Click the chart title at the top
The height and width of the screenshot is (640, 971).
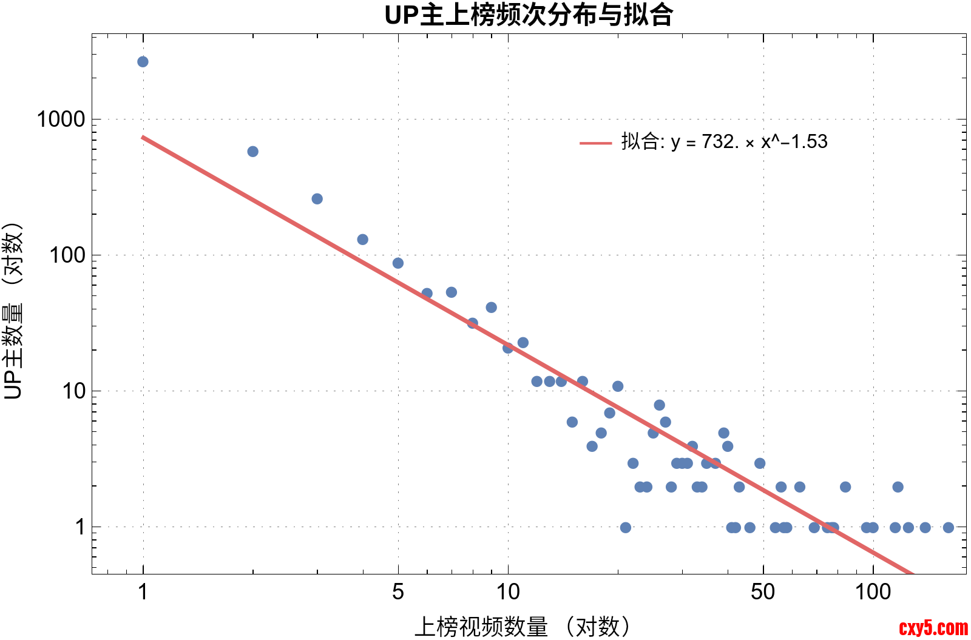pyautogui.click(x=529, y=15)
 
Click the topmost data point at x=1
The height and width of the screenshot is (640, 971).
pyautogui.click(x=143, y=62)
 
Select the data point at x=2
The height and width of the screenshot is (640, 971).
pyautogui.click(x=253, y=152)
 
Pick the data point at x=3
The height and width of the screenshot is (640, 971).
pyautogui.click(x=317, y=199)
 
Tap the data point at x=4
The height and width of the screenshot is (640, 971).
pyautogui.click(x=362, y=240)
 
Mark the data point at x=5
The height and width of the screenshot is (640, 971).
pyautogui.click(x=398, y=263)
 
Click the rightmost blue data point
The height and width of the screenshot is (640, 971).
pyautogui.click(x=949, y=528)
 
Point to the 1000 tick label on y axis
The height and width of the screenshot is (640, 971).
pyautogui.click(x=61, y=120)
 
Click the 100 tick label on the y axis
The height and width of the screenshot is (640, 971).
pyautogui.click(x=68, y=255)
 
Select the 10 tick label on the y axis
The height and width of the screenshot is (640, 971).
pyautogui.click(x=74, y=391)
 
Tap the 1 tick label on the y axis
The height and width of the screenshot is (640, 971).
pyautogui.click(x=80, y=527)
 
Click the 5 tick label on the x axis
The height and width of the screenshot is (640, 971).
pyautogui.click(x=398, y=591)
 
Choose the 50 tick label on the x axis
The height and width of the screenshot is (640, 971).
pyautogui.click(x=763, y=591)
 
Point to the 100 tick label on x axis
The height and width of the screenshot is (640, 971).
pyautogui.click(x=873, y=591)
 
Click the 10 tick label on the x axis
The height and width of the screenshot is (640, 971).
pyautogui.click(x=508, y=591)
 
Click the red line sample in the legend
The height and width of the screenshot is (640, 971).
pyautogui.click(x=595, y=143)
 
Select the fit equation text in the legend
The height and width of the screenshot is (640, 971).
pyautogui.click(x=725, y=142)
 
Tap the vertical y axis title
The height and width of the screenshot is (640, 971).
pyautogui.click(x=13, y=311)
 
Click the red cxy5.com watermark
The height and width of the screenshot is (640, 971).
pyautogui.click(x=933, y=628)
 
